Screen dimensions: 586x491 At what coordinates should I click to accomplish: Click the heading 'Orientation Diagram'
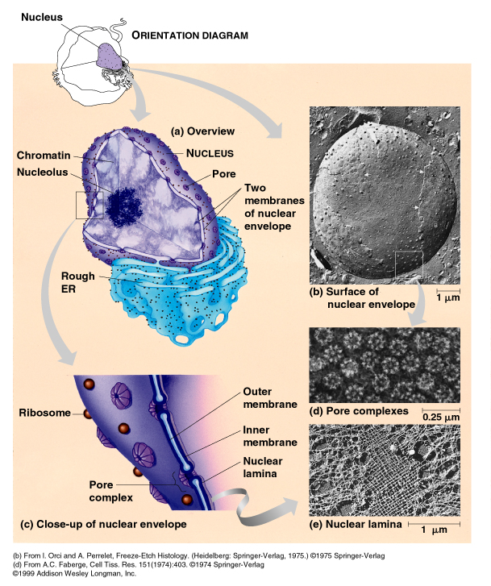click(189, 35)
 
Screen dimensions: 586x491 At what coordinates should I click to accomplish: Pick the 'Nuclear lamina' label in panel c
click(263, 468)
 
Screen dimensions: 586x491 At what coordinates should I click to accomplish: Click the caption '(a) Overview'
click(202, 131)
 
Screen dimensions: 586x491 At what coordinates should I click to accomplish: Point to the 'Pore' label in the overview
click(224, 173)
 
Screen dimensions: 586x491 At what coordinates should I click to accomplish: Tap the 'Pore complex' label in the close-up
click(105, 491)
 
